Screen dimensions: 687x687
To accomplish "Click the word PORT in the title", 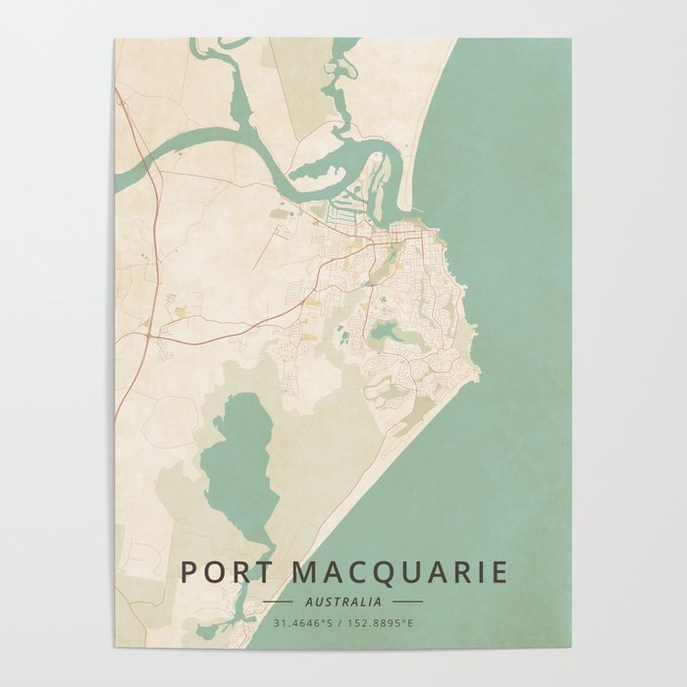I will (220, 572).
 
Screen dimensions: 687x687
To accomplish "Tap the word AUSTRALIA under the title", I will (343, 602).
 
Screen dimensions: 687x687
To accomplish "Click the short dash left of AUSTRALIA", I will (279, 602).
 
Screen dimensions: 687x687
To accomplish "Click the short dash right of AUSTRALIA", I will (407, 602).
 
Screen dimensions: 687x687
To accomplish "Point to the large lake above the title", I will (238, 461).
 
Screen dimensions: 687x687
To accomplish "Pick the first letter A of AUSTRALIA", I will (310, 602).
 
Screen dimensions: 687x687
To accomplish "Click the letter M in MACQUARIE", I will (289, 572).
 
